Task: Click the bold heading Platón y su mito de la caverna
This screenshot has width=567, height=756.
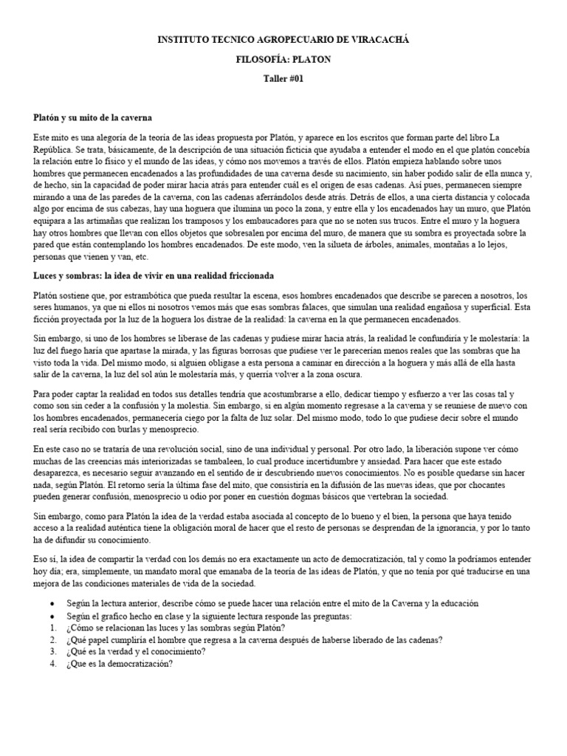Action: click(93, 117)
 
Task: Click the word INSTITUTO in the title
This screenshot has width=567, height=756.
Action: click(185, 39)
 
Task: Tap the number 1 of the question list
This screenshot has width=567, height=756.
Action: click(52, 628)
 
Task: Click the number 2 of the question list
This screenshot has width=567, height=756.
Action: click(52, 640)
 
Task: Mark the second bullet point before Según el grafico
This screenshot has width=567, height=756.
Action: click(52, 616)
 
